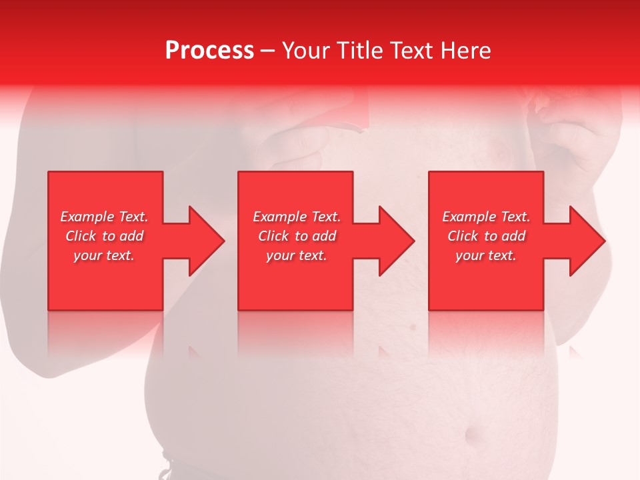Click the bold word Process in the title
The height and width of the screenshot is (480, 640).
(209, 51)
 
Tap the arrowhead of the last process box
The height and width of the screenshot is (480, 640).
(587, 241)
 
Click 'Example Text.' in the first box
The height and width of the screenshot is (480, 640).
(105, 217)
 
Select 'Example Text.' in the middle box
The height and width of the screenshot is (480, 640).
(297, 217)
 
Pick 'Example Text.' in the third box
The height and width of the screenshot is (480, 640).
(486, 217)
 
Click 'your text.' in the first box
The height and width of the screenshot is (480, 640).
(104, 255)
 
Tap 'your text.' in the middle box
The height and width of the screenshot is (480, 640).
(297, 255)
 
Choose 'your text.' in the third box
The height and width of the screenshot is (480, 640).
(486, 255)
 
